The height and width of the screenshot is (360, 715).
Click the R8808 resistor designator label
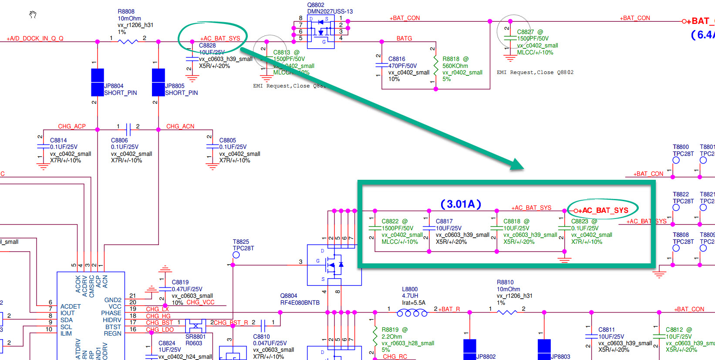click(x=126, y=12)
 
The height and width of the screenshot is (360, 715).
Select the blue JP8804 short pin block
click(x=98, y=82)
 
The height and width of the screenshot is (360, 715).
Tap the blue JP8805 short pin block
click(x=159, y=82)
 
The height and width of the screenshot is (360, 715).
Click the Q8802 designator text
click(x=316, y=5)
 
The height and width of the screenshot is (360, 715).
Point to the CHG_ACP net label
click(x=72, y=126)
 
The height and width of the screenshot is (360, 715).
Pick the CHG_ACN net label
click(x=180, y=126)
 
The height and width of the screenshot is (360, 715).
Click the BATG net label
click(x=404, y=38)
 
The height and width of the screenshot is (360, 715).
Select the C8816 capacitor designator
click(x=397, y=59)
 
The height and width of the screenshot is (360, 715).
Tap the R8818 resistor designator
click(x=451, y=59)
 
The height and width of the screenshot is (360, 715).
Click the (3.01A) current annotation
click(x=461, y=204)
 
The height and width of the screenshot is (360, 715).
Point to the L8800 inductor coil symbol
click(x=412, y=313)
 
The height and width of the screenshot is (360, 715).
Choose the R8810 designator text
click(x=505, y=282)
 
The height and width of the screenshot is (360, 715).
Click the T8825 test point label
click(x=241, y=242)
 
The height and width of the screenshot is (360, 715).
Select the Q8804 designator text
click(x=289, y=296)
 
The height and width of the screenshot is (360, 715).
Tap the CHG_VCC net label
click(x=200, y=302)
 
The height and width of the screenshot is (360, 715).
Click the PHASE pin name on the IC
click(x=111, y=313)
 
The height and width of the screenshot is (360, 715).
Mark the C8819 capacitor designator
click(x=180, y=282)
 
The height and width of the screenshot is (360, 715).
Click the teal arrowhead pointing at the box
click(x=517, y=164)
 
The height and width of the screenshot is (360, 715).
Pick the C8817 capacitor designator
click(x=444, y=221)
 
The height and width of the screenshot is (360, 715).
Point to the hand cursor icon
click(x=33, y=14)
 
